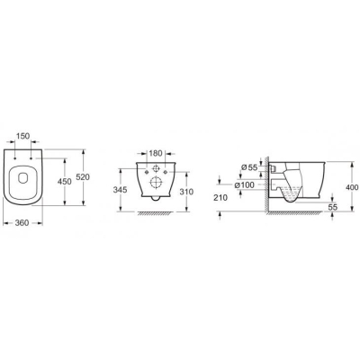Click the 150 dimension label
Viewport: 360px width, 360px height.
(x=22, y=136)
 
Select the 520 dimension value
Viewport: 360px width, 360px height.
(x=83, y=177)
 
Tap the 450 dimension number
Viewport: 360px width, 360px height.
(x=65, y=182)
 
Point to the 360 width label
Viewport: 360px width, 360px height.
(x=22, y=222)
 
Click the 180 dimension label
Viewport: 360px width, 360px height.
(x=156, y=153)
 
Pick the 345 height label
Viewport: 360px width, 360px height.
(x=120, y=190)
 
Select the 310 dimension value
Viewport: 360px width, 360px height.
(x=187, y=192)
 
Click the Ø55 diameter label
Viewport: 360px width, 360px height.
(x=249, y=167)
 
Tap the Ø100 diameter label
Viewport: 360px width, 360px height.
(x=244, y=185)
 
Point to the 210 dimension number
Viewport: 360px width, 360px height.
(x=221, y=198)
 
